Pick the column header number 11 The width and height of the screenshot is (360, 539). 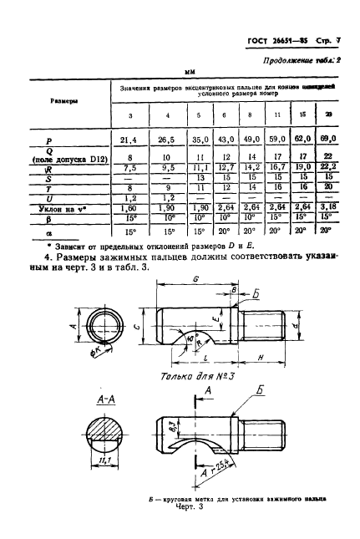point(276,114)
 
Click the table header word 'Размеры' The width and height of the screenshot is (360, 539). point(53,100)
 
